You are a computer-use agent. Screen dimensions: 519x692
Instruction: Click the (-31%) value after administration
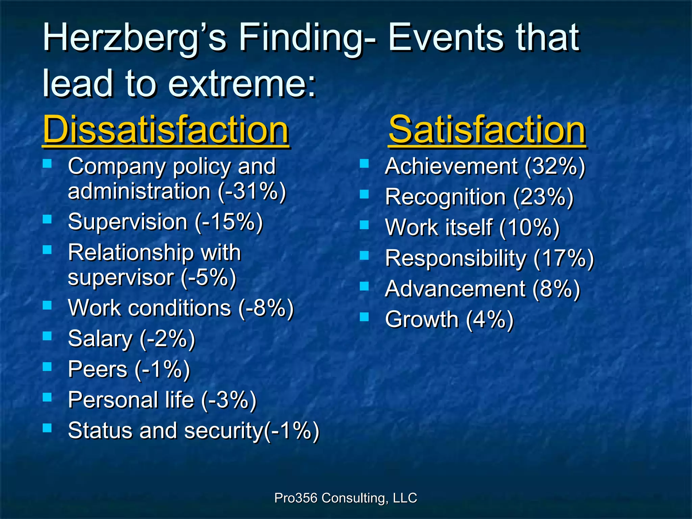(252, 192)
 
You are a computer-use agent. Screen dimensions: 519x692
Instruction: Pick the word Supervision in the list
(127, 222)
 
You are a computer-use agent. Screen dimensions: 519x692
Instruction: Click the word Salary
(100, 339)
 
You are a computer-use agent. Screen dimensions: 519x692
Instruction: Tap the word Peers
(97, 369)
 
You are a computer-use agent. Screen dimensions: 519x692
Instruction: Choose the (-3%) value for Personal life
(229, 400)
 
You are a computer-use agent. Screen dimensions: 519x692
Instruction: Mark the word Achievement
(451, 166)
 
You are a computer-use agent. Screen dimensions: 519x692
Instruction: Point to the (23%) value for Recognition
(543, 197)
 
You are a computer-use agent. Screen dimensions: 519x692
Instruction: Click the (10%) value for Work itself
(529, 227)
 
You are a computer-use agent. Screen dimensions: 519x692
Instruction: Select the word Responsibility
(455, 258)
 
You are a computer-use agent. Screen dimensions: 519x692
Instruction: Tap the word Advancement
(455, 289)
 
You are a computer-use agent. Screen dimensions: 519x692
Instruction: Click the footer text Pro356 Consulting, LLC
(346, 498)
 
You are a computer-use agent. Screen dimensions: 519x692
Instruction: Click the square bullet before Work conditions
(47, 305)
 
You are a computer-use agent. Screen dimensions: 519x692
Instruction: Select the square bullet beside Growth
(364, 317)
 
